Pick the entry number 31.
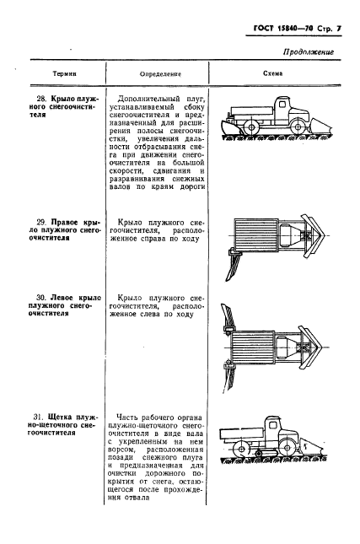pyautogui.click(x=38, y=418)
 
